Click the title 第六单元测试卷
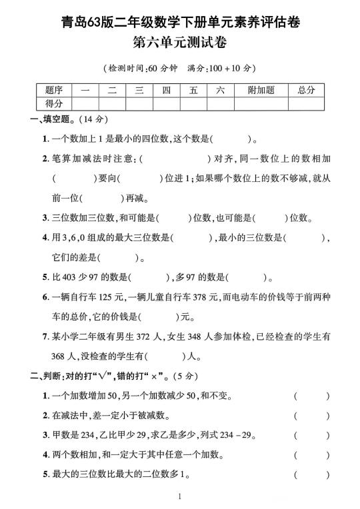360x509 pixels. point(180,45)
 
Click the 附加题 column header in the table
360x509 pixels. point(261,91)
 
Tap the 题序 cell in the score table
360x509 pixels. point(54,91)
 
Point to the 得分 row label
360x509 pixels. point(54,103)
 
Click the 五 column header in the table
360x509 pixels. point(193,91)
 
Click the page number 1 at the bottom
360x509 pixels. point(180,496)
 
